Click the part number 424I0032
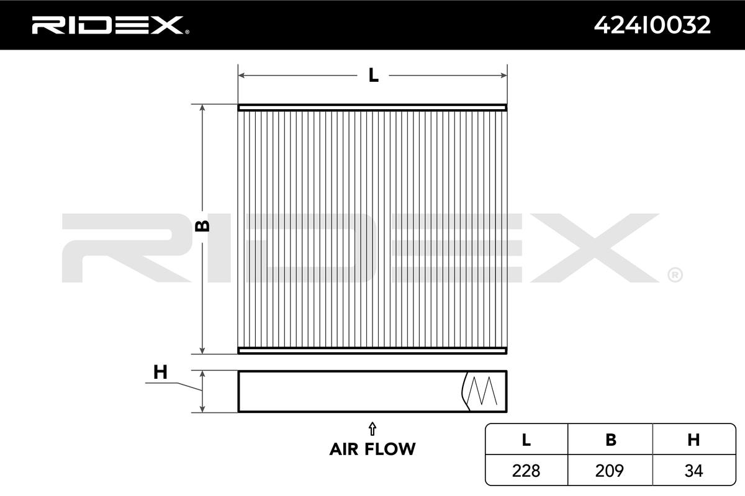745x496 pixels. pyautogui.click(x=652, y=25)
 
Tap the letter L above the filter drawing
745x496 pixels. pyautogui.click(x=373, y=76)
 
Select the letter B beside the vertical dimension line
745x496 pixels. pyautogui.click(x=203, y=226)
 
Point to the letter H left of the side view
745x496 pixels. pyautogui.click(x=160, y=372)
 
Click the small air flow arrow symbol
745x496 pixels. pyautogui.click(x=372, y=428)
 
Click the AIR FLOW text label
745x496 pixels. pyautogui.click(x=372, y=448)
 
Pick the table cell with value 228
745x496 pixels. pyautogui.click(x=526, y=471)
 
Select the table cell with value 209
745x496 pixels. pyautogui.click(x=610, y=471)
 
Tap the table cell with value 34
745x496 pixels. pyautogui.click(x=694, y=471)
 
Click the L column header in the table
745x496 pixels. pyautogui.click(x=526, y=440)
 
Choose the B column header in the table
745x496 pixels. pyautogui.click(x=610, y=440)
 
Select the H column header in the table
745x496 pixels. pyautogui.click(x=694, y=440)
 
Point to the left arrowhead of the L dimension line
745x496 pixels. pyautogui.click(x=242, y=76)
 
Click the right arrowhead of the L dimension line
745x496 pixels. pyautogui.click(x=504, y=76)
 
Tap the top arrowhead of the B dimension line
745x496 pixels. pyautogui.click(x=202, y=108)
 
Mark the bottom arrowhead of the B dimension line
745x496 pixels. pyautogui.click(x=202, y=350)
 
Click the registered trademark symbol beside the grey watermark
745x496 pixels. pyautogui.click(x=675, y=274)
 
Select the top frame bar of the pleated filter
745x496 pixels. pyautogui.click(x=372, y=107)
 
